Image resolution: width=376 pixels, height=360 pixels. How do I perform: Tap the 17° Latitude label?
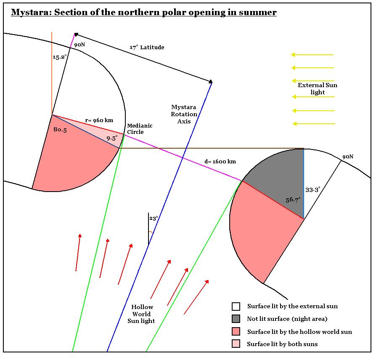[147, 48]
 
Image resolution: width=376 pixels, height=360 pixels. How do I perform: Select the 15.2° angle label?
[59, 57]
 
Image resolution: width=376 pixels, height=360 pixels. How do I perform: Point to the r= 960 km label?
[99, 120]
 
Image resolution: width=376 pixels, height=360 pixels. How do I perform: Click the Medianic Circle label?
[140, 129]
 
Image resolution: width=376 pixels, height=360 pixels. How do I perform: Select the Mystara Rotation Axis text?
[184, 114]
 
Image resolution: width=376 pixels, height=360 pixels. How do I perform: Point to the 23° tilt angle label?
[154, 219]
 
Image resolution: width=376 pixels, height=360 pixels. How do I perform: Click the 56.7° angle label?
[293, 200]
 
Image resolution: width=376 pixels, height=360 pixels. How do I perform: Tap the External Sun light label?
[318, 89]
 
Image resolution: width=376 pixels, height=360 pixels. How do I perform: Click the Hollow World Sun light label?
[142, 314]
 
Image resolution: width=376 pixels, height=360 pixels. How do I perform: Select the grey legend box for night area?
[236, 319]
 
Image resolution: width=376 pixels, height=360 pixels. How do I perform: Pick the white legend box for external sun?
[236, 306]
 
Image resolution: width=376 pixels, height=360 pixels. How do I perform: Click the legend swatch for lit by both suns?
[236, 344]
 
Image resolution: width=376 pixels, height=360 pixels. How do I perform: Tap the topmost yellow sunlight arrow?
[312, 54]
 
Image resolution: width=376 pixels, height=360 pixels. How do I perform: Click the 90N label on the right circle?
[347, 157]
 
